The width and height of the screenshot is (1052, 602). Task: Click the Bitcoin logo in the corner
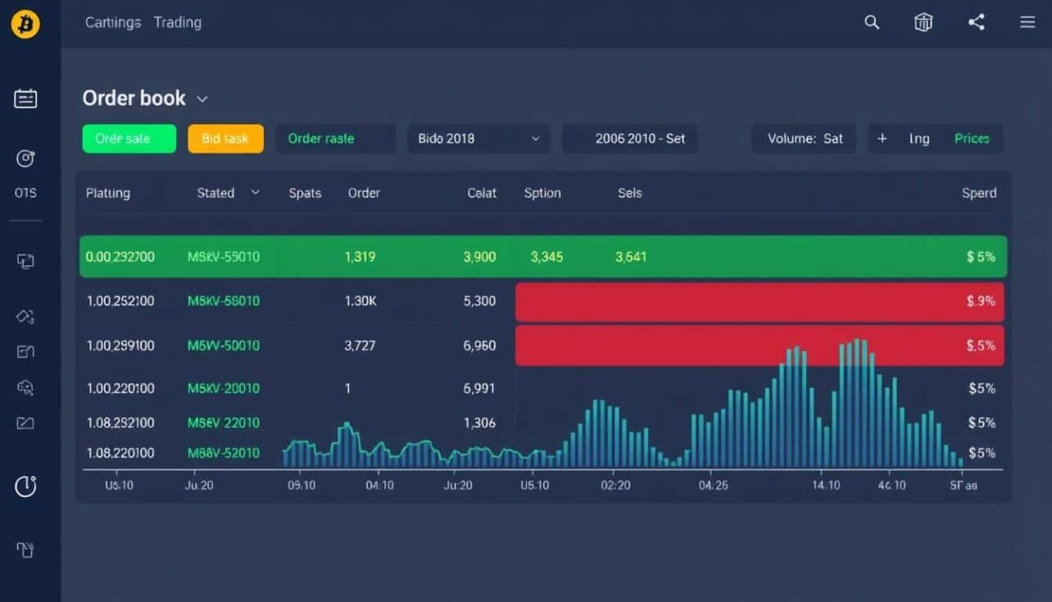(25, 25)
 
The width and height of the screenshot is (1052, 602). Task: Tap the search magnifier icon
(872, 23)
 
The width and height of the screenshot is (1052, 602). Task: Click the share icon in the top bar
(976, 23)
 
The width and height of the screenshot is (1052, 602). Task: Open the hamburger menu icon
(1027, 23)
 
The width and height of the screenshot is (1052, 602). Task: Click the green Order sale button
(129, 139)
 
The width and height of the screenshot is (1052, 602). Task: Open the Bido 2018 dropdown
(478, 139)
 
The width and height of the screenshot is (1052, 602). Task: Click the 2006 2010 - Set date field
(629, 139)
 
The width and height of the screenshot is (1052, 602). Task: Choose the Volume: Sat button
(804, 139)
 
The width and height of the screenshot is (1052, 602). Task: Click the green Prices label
(972, 139)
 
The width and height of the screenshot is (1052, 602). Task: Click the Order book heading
(134, 98)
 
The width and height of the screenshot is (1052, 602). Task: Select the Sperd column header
(979, 193)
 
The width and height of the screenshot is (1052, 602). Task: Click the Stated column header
(216, 193)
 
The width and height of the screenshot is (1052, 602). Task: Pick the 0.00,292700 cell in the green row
(120, 257)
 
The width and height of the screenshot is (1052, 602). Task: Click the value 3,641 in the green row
(631, 257)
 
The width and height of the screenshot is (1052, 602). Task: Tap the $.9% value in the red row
(981, 301)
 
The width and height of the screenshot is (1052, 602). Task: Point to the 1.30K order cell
(360, 301)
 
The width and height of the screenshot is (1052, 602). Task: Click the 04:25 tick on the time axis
(713, 485)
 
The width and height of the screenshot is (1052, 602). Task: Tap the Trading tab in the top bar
(178, 23)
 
